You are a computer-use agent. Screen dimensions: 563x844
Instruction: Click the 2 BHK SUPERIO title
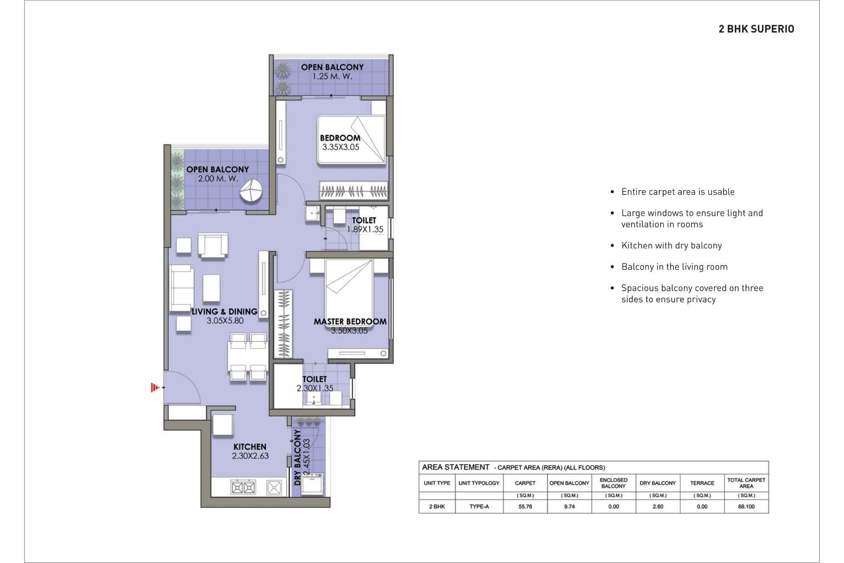point(756,29)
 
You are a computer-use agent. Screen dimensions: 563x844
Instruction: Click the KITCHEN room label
point(250,447)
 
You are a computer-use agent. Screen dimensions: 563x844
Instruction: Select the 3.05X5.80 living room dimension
point(225,321)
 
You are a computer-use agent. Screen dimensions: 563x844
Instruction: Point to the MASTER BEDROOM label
point(350,321)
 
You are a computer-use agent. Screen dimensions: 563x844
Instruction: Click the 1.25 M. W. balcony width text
point(332,76)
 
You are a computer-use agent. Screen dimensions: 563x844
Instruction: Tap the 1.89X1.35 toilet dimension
point(365,229)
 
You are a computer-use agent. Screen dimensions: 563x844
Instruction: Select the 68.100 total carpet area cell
point(746,506)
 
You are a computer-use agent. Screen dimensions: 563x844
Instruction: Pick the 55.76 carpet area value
point(525,506)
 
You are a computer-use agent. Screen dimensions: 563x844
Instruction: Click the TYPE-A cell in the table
point(479,506)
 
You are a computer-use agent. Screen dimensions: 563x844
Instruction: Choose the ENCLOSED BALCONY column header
point(613,483)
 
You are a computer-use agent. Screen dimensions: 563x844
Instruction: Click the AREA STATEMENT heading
point(455,467)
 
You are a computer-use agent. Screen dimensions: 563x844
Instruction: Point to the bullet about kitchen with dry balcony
point(671,245)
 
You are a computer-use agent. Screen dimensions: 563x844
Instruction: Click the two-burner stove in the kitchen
point(243,488)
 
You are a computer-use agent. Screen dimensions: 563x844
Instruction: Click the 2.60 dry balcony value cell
point(657,506)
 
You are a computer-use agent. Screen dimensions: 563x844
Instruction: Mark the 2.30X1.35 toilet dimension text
point(315,388)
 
